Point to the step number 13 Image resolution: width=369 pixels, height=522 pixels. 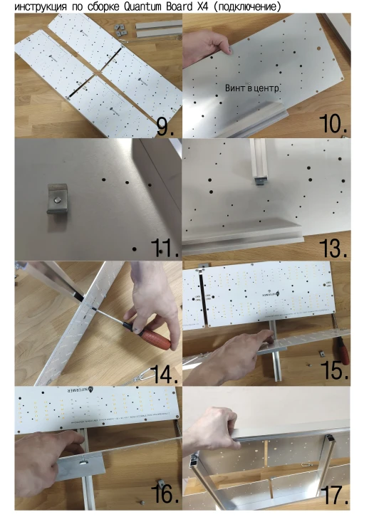(333, 247)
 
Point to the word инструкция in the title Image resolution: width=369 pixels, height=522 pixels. (43, 6)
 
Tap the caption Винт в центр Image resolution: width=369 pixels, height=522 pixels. (253, 88)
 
